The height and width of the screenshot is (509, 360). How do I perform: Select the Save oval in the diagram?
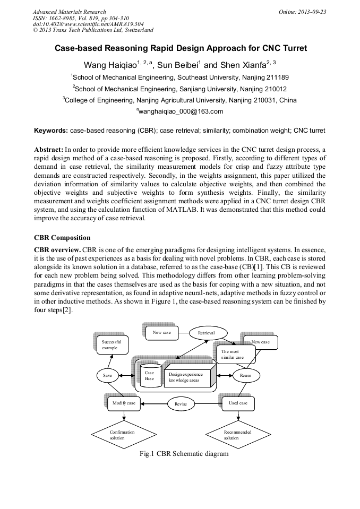[x=108, y=375]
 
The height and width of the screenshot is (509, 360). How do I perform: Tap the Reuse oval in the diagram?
[x=246, y=375]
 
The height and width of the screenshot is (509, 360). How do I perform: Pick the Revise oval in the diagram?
[x=181, y=404]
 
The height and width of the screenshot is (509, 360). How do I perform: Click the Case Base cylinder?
[x=150, y=375]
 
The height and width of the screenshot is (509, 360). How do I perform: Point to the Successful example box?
[x=113, y=344]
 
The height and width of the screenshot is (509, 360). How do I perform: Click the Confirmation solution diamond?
[x=122, y=435]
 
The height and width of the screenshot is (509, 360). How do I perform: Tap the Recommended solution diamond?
[x=237, y=435]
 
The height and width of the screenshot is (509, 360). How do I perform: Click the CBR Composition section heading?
[x=62, y=238]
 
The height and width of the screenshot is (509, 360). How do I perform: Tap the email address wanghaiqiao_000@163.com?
[x=180, y=111]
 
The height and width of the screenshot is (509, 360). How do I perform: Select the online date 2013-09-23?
[x=312, y=12]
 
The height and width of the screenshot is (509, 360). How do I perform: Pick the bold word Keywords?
[x=51, y=131]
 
